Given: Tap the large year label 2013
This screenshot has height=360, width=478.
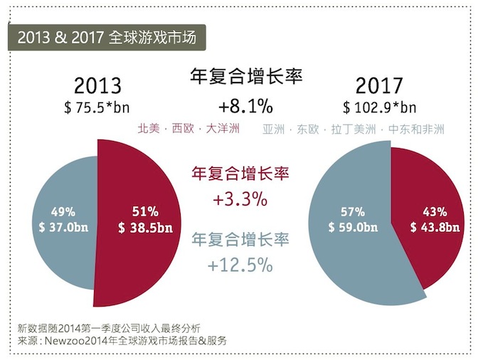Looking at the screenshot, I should pyautogui.click(x=97, y=86).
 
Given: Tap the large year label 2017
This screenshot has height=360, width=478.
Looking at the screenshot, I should pyautogui.click(x=379, y=86).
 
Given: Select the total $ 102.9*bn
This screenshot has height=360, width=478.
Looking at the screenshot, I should pyautogui.click(x=380, y=107).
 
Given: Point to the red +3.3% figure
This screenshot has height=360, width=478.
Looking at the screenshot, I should pyautogui.click(x=240, y=199).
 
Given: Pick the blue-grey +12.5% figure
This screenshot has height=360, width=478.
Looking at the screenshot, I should pyautogui.click(x=240, y=265).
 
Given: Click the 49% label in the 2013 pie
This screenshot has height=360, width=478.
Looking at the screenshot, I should pyautogui.click(x=63, y=211).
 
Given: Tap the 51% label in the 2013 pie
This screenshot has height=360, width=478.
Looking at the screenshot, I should pyautogui.click(x=144, y=211).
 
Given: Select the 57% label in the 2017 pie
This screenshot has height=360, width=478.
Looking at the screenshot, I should pyautogui.click(x=353, y=211).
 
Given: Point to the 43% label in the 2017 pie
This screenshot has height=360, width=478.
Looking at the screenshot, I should pyautogui.click(x=434, y=211).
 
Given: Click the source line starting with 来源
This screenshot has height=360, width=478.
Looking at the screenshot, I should pyautogui.click(x=123, y=341).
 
